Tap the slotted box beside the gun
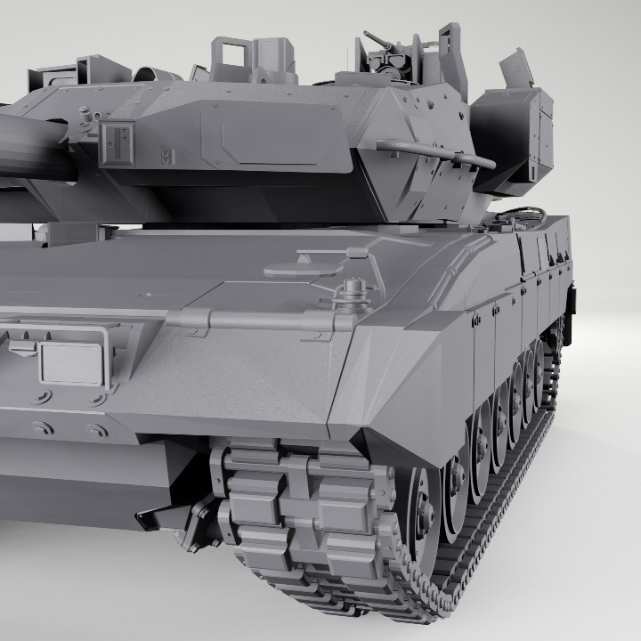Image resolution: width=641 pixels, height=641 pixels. click(117, 142)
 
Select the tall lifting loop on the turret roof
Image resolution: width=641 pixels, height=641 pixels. click(229, 53)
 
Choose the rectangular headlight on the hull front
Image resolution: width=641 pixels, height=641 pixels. click(72, 364)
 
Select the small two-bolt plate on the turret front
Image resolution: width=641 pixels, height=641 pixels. click(166, 157)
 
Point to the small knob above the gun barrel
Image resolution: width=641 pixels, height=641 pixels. click(85, 115)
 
